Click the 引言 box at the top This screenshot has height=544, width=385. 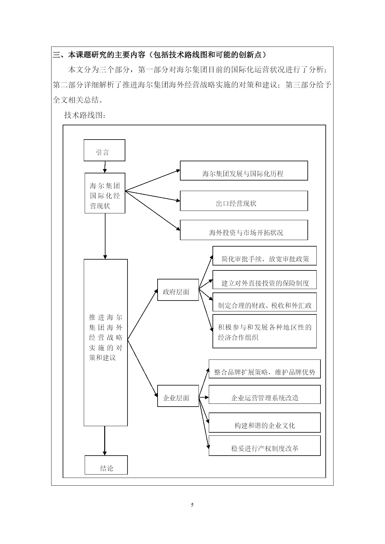pos(104,150)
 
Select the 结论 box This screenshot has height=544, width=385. pos(106,465)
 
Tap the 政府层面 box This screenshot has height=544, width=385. pos(178,290)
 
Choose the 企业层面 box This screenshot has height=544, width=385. pos(178,396)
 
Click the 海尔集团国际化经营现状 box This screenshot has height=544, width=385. pos(105,193)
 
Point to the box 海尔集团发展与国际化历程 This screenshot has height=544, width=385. pos(244,171)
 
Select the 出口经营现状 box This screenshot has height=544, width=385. pos(244,201)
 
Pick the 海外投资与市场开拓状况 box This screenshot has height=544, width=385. pos(244,230)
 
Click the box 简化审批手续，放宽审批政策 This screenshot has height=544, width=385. pos(264,256)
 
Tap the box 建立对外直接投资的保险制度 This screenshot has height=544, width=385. pos(264,280)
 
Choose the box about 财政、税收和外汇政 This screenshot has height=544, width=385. pos(264,302)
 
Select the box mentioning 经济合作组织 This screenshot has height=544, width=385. pos(264,331)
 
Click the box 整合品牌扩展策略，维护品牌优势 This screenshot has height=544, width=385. pos(264,369)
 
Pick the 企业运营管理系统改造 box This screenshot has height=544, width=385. pos(264,395)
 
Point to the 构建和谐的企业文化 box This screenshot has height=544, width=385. pos(264,422)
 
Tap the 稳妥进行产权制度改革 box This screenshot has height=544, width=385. pos(264,445)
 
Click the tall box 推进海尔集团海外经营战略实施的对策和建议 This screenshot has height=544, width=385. pos(105,342)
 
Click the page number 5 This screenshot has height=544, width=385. pos(192,505)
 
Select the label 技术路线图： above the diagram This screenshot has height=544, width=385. pos(85,115)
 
